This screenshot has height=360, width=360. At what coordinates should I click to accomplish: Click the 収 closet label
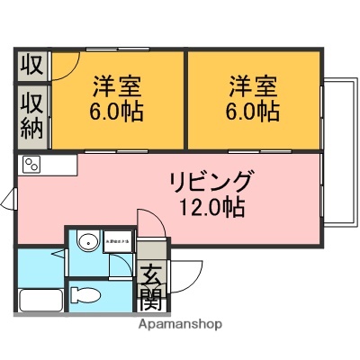pos(31,65)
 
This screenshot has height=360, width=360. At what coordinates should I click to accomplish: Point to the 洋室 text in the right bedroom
pos(253,86)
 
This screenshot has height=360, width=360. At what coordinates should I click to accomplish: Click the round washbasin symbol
pos(87,243)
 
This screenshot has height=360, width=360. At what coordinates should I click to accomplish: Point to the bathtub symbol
pos(39,301)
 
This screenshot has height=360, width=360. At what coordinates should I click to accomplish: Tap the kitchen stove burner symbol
pos(31,164)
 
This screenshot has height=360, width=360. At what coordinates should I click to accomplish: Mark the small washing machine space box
pos(118,242)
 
